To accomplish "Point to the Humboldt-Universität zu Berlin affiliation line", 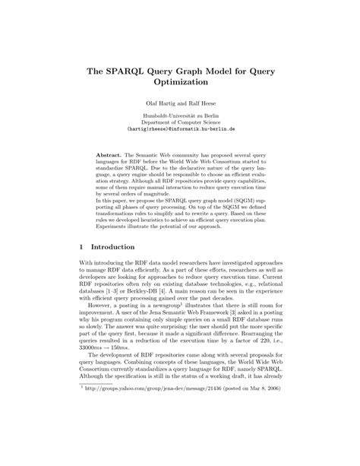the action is [180, 117].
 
